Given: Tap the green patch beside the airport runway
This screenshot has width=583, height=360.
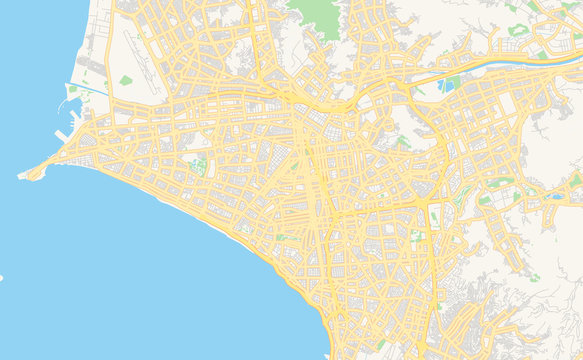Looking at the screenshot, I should click(125, 80).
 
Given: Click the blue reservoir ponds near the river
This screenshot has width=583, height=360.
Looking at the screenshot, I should click(452, 82).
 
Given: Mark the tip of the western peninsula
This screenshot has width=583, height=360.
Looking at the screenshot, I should click(22, 177).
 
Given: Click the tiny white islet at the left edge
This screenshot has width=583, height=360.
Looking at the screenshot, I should click(1, 277).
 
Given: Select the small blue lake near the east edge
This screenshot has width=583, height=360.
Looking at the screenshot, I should click(555, 196).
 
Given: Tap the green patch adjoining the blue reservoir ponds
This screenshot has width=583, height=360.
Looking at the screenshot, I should click(441, 84).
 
